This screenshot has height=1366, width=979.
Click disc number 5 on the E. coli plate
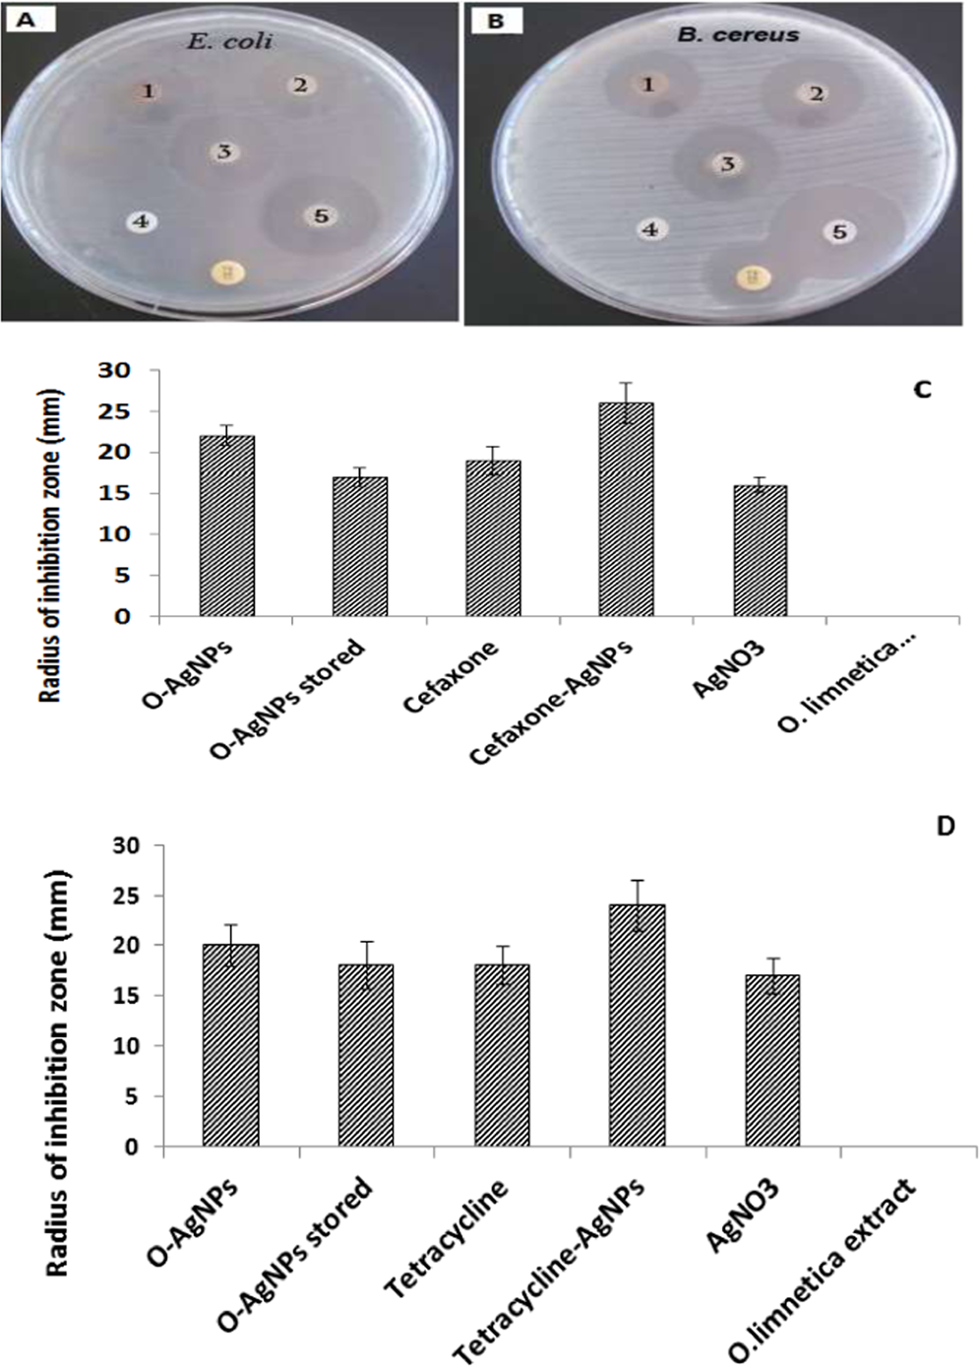pyautogui.click(x=321, y=216)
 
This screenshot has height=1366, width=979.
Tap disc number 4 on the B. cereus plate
pyautogui.click(x=650, y=230)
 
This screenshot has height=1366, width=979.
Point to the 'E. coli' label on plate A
pyautogui.click(x=229, y=41)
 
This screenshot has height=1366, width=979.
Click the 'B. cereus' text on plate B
pyautogui.click(x=737, y=34)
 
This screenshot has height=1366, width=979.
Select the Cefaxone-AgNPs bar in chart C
pyautogui.click(x=626, y=509)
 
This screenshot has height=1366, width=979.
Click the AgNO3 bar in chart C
pyautogui.click(x=760, y=550)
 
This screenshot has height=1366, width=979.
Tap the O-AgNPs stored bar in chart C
pyautogui.click(x=359, y=546)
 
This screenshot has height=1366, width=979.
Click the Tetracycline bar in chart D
pyautogui.click(x=502, y=1055)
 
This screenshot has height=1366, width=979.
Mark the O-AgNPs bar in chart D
pyautogui.click(x=230, y=1045)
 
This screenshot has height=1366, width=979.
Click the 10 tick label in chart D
pyautogui.click(x=124, y=1046)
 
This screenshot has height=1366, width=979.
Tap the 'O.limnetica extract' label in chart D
pyautogui.click(x=825, y=1270)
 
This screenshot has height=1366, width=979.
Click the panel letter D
pyautogui.click(x=945, y=826)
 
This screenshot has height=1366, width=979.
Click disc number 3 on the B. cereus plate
pyautogui.click(x=728, y=164)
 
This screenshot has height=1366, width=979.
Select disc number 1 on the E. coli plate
pyautogui.click(x=148, y=92)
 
